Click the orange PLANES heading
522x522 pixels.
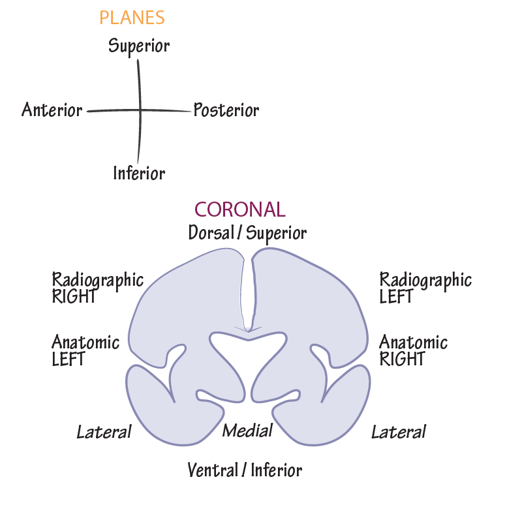132,18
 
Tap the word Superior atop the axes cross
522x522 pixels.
139,46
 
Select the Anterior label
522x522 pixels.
52,110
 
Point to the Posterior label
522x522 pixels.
226,110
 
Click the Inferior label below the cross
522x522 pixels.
139,174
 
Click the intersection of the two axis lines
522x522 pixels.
140,111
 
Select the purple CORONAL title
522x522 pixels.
240,209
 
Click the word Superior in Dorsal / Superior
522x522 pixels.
277,233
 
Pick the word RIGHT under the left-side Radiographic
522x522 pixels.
74,296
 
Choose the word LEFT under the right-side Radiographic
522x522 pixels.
396,296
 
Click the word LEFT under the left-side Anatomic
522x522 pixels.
69,358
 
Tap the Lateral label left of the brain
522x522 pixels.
104,432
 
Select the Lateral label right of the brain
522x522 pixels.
399,432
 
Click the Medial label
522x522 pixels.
247,431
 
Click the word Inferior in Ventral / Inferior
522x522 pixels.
277,470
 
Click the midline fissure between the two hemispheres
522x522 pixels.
247,294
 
